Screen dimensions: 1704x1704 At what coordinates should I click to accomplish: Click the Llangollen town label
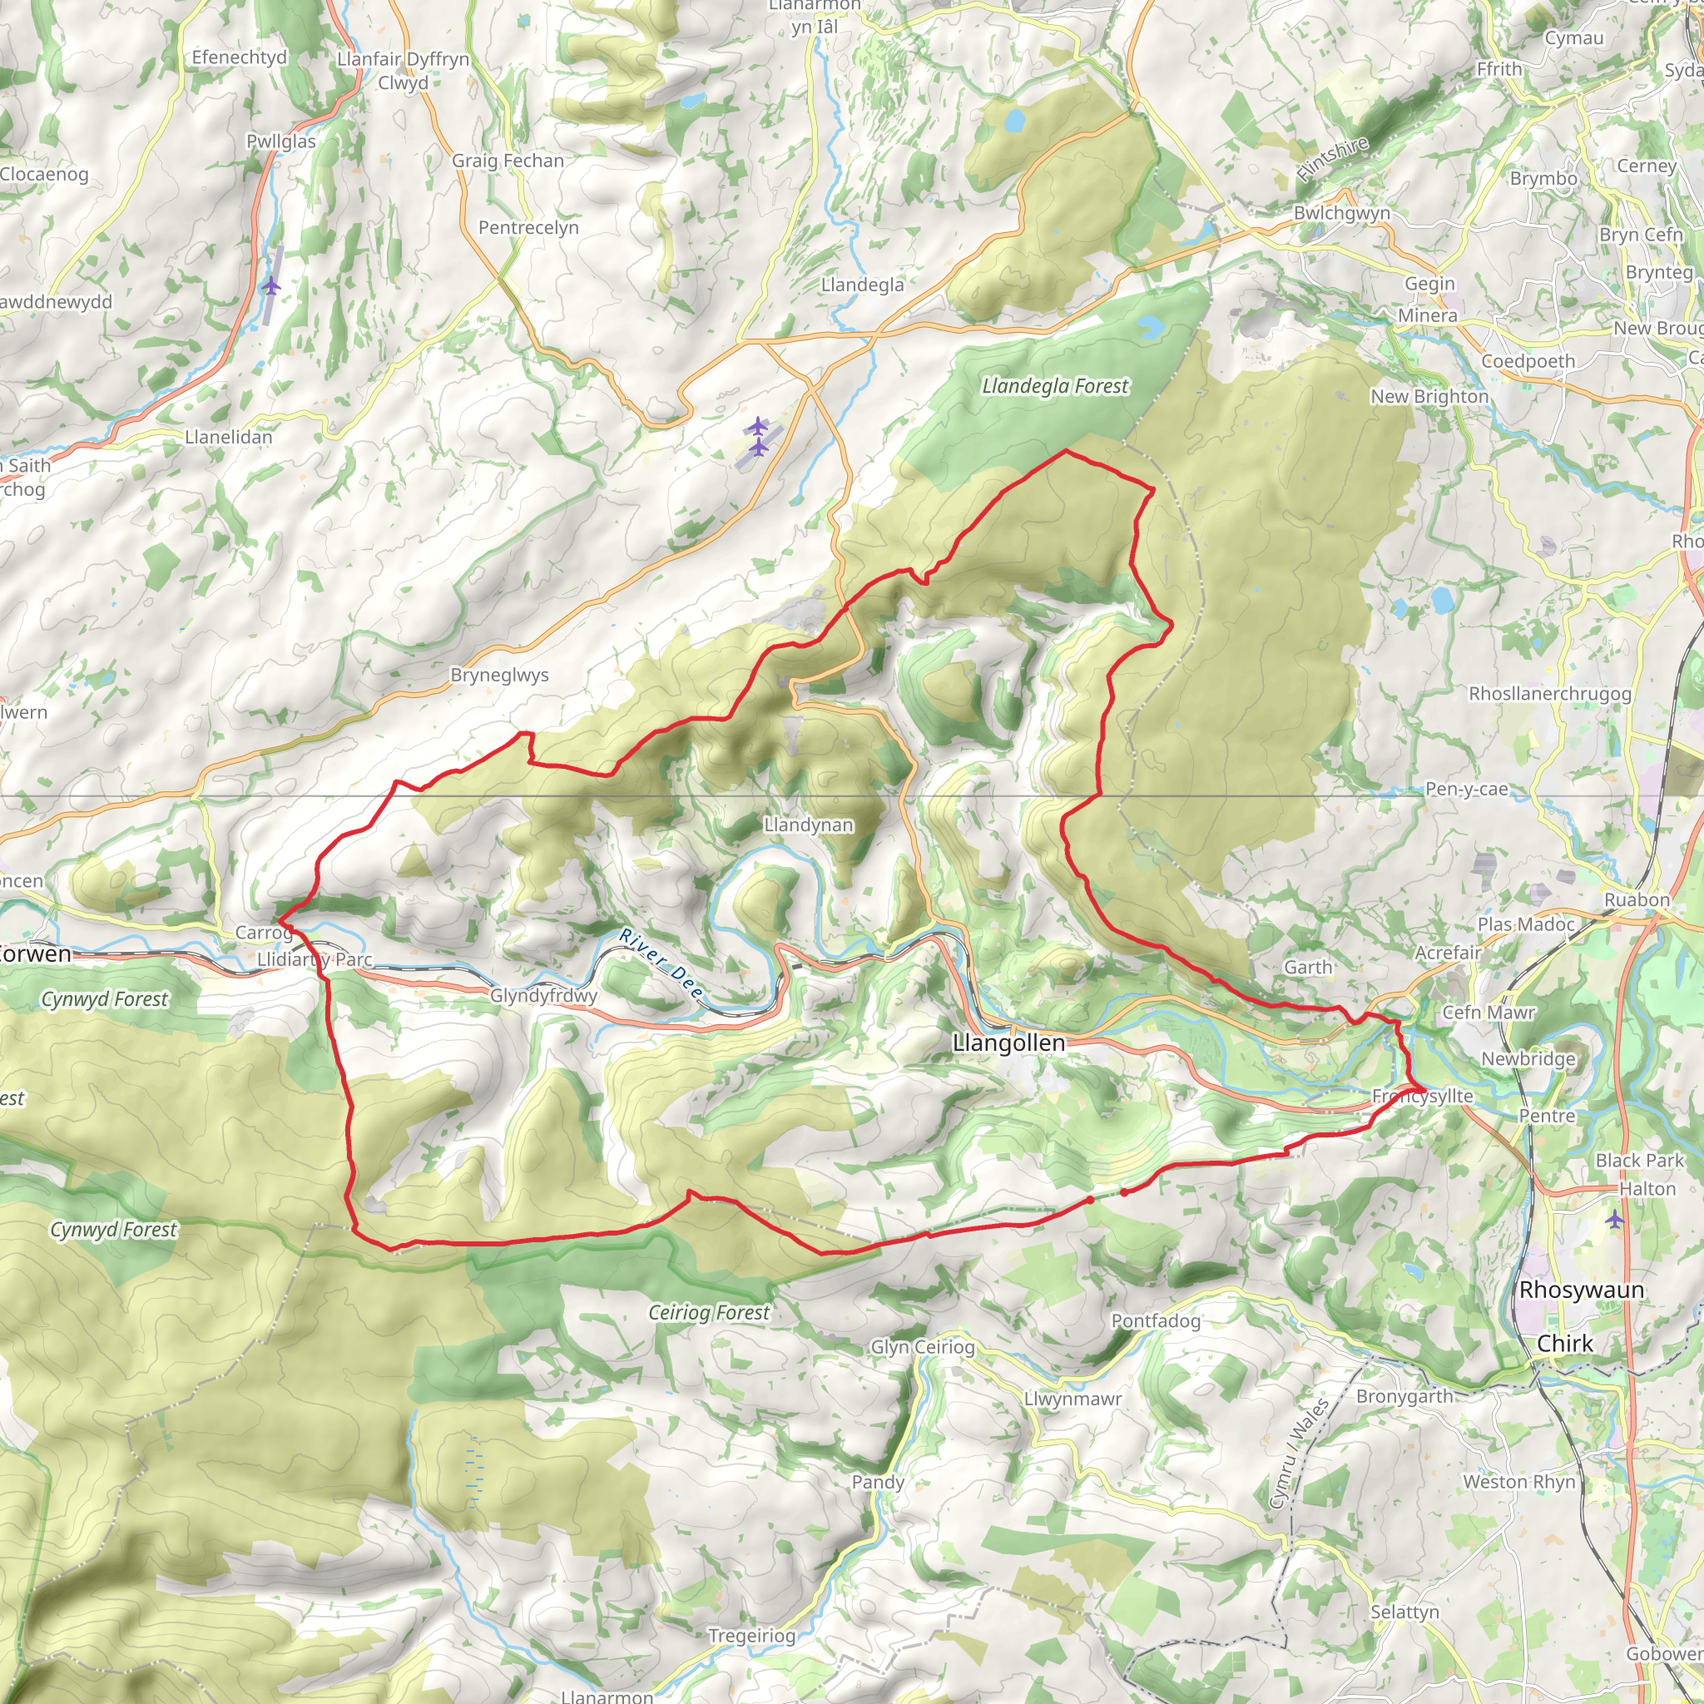pos(1009,1043)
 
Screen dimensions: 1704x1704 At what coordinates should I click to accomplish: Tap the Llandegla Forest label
pos(1055,386)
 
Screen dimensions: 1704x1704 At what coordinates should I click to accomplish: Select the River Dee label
pos(661,964)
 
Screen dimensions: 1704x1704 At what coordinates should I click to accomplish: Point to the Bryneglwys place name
pos(499,675)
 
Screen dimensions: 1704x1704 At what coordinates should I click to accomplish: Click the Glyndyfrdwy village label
pos(543,996)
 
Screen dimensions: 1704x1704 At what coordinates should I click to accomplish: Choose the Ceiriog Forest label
pos(709,1312)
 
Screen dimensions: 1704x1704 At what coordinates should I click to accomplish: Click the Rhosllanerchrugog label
pos(1549,693)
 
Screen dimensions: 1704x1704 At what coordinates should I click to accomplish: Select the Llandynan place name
pos(808,825)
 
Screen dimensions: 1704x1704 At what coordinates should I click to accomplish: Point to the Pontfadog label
pos(1156,1320)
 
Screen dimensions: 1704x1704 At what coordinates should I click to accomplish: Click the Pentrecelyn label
pos(528,227)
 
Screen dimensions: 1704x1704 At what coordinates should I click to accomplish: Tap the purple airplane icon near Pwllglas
pos(270,287)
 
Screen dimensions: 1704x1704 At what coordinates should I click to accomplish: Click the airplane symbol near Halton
pos(1613,1220)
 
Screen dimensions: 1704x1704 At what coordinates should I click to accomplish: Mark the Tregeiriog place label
pos(751,1636)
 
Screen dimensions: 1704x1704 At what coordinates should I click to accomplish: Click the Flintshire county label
pos(1333,160)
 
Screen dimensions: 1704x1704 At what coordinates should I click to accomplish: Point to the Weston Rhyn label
pos(1518,1482)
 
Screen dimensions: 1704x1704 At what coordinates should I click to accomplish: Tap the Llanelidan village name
pos(229,437)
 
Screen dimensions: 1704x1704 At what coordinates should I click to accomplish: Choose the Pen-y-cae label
pos(1467,789)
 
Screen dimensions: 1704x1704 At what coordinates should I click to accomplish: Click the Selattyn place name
pos(1404,1612)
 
